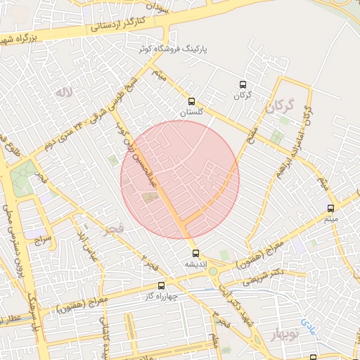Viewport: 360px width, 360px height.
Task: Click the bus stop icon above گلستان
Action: [x=192, y=101]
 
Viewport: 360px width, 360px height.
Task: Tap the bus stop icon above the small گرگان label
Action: [x=243, y=83]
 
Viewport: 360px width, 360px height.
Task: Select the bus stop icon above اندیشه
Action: [x=195, y=253]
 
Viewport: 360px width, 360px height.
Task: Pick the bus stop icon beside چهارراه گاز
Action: [x=162, y=285]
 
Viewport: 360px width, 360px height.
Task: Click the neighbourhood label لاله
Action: [x=64, y=92]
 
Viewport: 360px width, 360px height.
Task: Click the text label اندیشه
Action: [x=195, y=264]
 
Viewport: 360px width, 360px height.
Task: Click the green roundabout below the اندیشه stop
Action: [x=212, y=271]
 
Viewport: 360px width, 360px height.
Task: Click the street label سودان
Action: [x=159, y=6]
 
